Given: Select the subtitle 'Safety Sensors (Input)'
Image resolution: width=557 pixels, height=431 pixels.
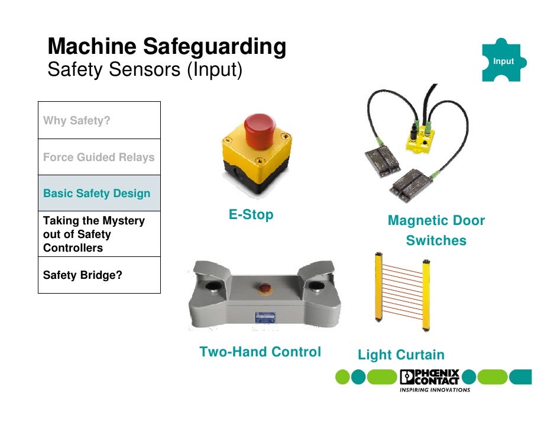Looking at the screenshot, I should pos(145,70).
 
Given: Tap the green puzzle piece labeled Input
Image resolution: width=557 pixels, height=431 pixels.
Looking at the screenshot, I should pos(503,61).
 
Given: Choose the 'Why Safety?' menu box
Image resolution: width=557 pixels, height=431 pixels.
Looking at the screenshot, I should pos(99,121).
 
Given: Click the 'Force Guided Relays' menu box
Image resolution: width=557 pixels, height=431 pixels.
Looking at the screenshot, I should pos(99,157).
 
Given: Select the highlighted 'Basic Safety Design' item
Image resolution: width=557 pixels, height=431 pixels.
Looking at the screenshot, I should pos(99,194).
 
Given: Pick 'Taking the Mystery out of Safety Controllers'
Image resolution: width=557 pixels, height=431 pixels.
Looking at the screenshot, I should pos(99,234).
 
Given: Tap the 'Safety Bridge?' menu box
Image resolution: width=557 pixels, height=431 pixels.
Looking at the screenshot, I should pos(99,275).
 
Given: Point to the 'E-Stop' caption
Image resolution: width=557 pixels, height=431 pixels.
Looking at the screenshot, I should pos(251,215).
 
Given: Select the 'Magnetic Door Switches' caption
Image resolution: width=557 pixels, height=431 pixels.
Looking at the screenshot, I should pos(436,231).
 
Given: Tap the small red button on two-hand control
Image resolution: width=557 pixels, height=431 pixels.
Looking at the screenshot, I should pos(264,289).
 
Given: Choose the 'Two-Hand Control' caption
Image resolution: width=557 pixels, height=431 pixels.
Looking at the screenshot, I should pos(260,352).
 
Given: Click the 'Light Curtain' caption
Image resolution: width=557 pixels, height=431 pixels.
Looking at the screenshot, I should pos(401,355).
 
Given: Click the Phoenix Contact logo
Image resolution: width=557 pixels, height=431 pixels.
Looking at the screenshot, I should pos(430,377).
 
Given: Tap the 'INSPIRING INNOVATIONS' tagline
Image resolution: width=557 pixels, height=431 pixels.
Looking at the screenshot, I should pos(435,390).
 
